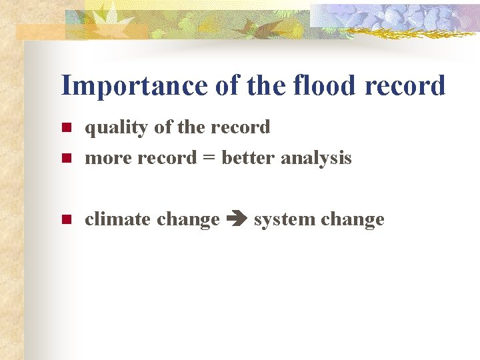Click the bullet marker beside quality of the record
coord(65,127)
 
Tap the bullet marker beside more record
coord(65,159)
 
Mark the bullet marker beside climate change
coord(65,219)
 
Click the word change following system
coord(353,219)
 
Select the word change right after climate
coord(189,219)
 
